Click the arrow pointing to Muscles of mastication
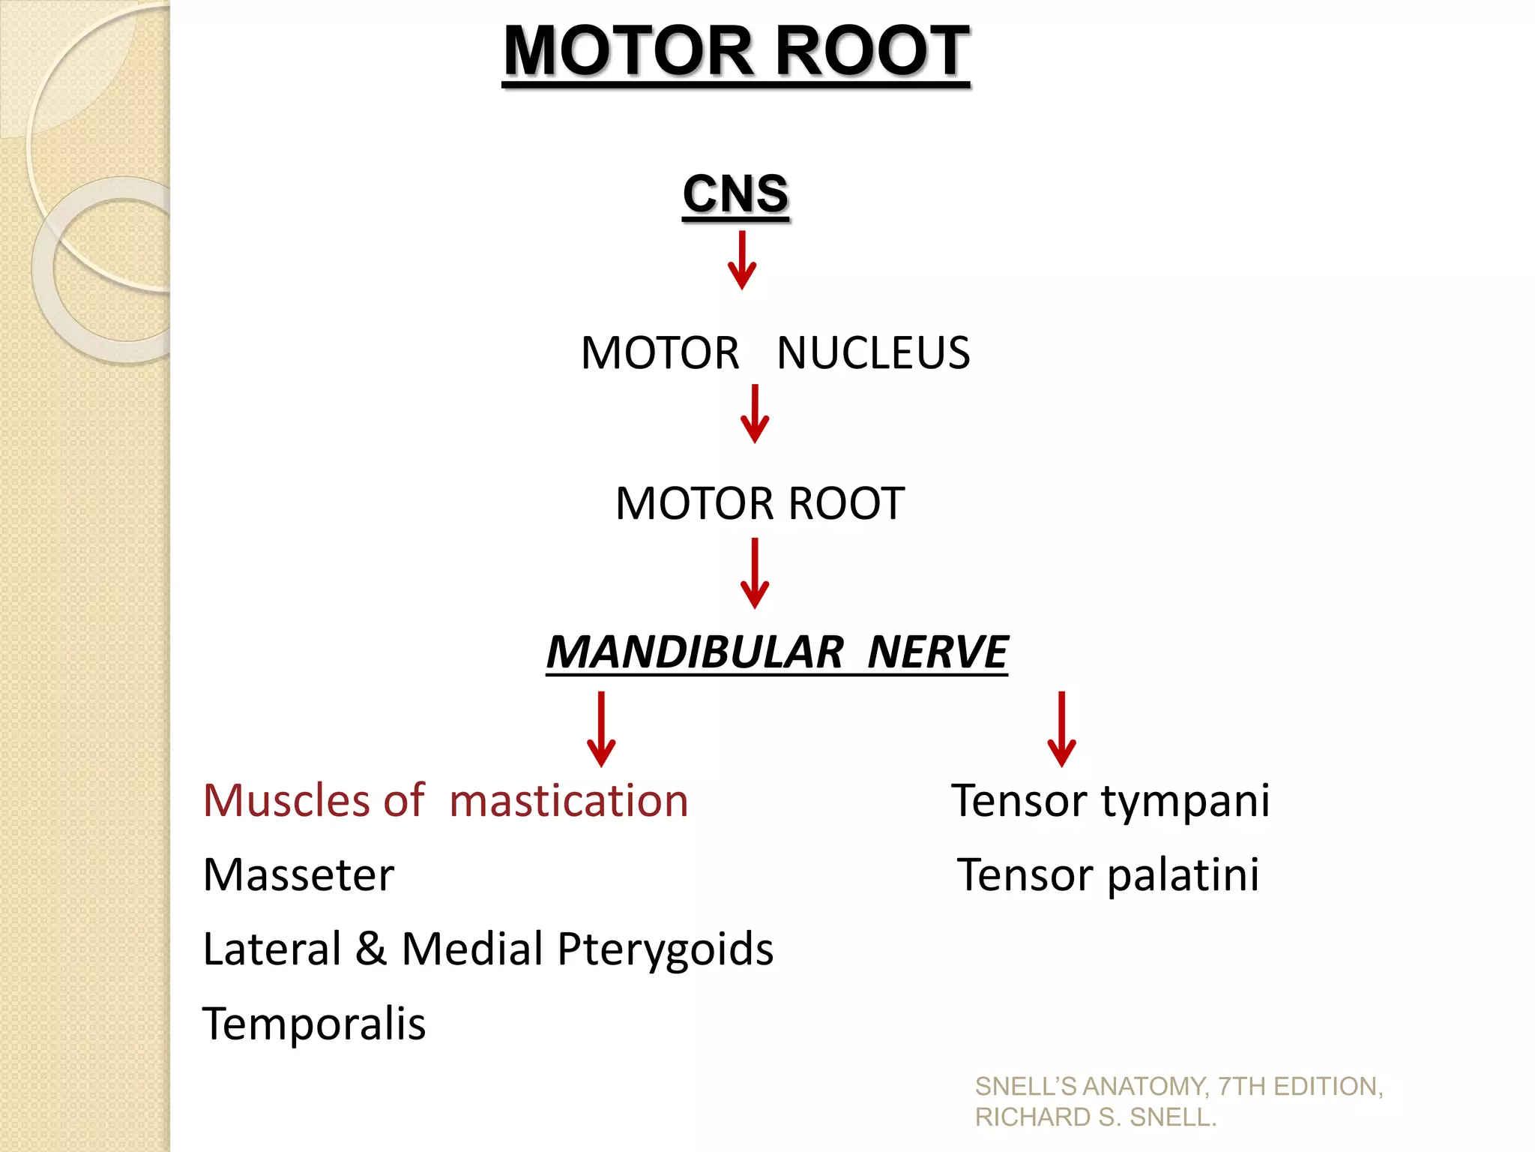(x=601, y=728)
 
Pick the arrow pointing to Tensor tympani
(x=1061, y=728)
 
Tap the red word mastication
(x=568, y=800)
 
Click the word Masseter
(x=298, y=874)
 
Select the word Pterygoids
(x=665, y=949)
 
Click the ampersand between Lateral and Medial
(x=371, y=948)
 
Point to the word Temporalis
(x=314, y=1024)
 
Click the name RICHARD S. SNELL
(x=1095, y=1117)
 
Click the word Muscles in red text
(x=285, y=800)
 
